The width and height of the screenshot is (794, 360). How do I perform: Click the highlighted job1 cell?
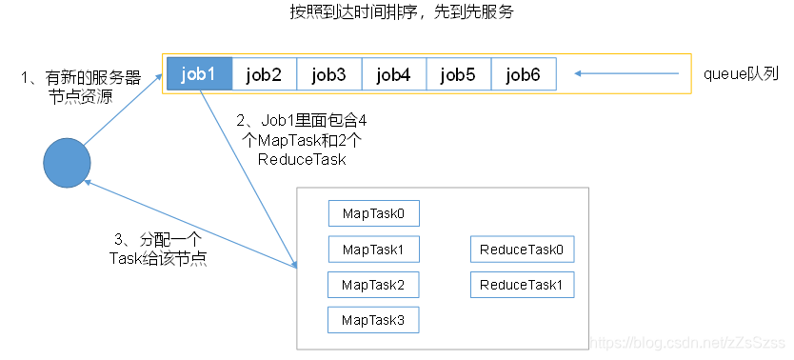pos(198,74)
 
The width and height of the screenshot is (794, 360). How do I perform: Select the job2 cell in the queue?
pos(264,74)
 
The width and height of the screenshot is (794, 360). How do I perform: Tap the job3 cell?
pos(328,74)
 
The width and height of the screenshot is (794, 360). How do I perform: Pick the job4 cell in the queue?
pos(393,74)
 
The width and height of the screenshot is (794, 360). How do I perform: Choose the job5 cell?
pos(458,74)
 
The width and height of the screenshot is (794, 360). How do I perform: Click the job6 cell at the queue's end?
pos(523,74)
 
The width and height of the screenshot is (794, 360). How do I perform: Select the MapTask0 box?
pos(373,213)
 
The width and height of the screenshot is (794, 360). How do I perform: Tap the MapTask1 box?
pos(373,250)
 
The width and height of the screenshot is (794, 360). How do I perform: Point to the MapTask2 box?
pos(373,285)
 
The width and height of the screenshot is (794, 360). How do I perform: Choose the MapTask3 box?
pos(373,321)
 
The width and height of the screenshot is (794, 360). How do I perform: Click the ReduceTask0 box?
pos(522,250)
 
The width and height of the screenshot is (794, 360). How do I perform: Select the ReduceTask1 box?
pos(522,285)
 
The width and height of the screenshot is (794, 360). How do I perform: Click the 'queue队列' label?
pos(741,74)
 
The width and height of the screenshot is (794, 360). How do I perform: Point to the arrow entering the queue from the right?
pos(627,74)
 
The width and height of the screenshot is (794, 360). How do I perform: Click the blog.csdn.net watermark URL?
pos(685,341)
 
